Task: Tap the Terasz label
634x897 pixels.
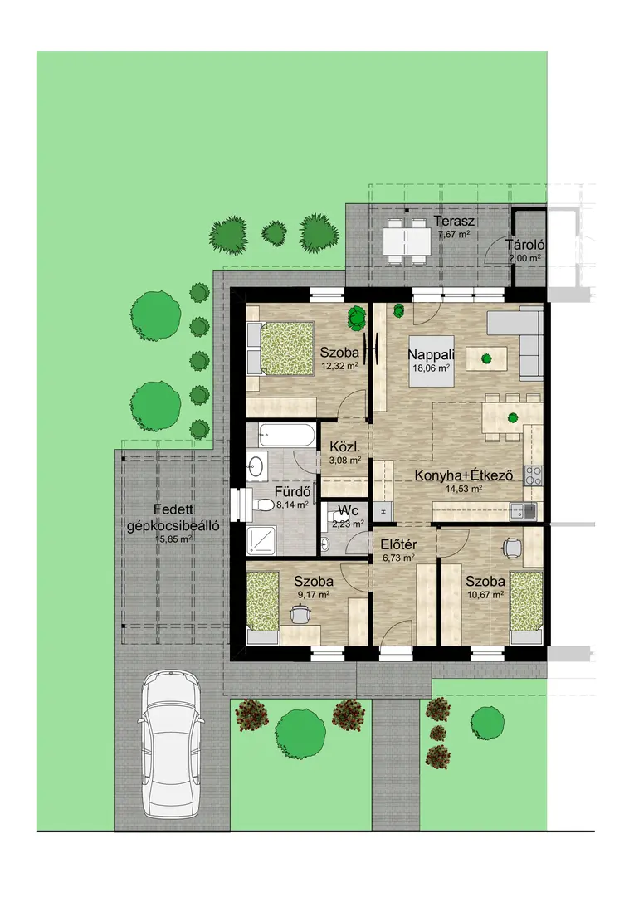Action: (x=454, y=222)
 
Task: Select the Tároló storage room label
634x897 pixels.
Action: (x=524, y=246)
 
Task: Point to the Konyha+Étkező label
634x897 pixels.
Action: (x=464, y=475)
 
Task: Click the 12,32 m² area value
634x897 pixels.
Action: (x=340, y=366)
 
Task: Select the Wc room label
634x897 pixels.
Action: (x=348, y=510)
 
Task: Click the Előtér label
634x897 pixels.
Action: (x=399, y=544)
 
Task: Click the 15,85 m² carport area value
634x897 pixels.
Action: (x=173, y=539)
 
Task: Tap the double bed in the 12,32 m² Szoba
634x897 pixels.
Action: (x=281, y=349)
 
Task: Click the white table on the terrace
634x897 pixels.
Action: (x=406, y=241)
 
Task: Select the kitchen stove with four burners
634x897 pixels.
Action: (x=534, y=475)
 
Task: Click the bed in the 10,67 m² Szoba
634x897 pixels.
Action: (x=526, y=602)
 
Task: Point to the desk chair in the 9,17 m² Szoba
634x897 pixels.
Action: (x=300, y=614)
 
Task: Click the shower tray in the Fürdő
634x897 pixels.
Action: (x=261, y=540)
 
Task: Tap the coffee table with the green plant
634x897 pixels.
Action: (x=486, y=359)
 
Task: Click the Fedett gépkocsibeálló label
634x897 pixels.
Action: (x=173, y=518)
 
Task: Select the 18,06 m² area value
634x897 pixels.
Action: (x=431, y=369)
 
